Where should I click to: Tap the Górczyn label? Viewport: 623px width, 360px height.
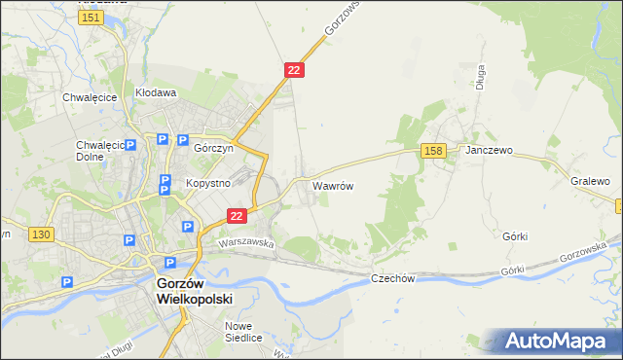tap(211, 152)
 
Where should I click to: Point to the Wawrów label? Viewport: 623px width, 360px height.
tap(332, 183)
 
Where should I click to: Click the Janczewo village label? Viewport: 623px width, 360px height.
tap(489, 151)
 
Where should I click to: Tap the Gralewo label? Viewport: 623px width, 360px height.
tap(590, 182)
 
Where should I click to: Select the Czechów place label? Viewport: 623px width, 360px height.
tap(393, 278)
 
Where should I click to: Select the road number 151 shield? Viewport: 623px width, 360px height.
tap(92, 18)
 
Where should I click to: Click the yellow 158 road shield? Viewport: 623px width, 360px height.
tap(434, 150)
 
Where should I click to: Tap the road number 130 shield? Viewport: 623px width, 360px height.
tap(40, 235)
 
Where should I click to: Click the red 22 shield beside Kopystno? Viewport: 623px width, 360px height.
tap(236, 215)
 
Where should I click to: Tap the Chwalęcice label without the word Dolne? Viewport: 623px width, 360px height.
tap(90, 97)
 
